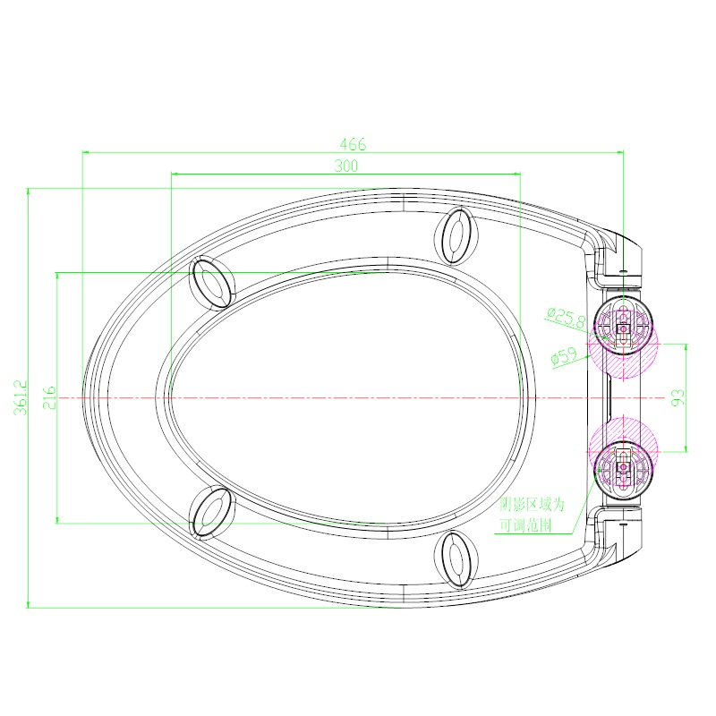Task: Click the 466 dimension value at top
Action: [x=353, y=144]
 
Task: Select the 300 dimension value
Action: [x=345, y=166]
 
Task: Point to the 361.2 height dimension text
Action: [x=21, y=397]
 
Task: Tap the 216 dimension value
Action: [x=49, y=397]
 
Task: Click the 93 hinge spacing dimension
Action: [x=678, y=397]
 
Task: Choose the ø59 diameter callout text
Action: [x=563, y=355]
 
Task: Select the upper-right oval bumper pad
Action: [x=456, y=235]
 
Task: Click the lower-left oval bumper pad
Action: [x=212, y=512]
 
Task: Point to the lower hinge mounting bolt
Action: [x=623, y=465]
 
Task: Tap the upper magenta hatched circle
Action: [x=621, y=349]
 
